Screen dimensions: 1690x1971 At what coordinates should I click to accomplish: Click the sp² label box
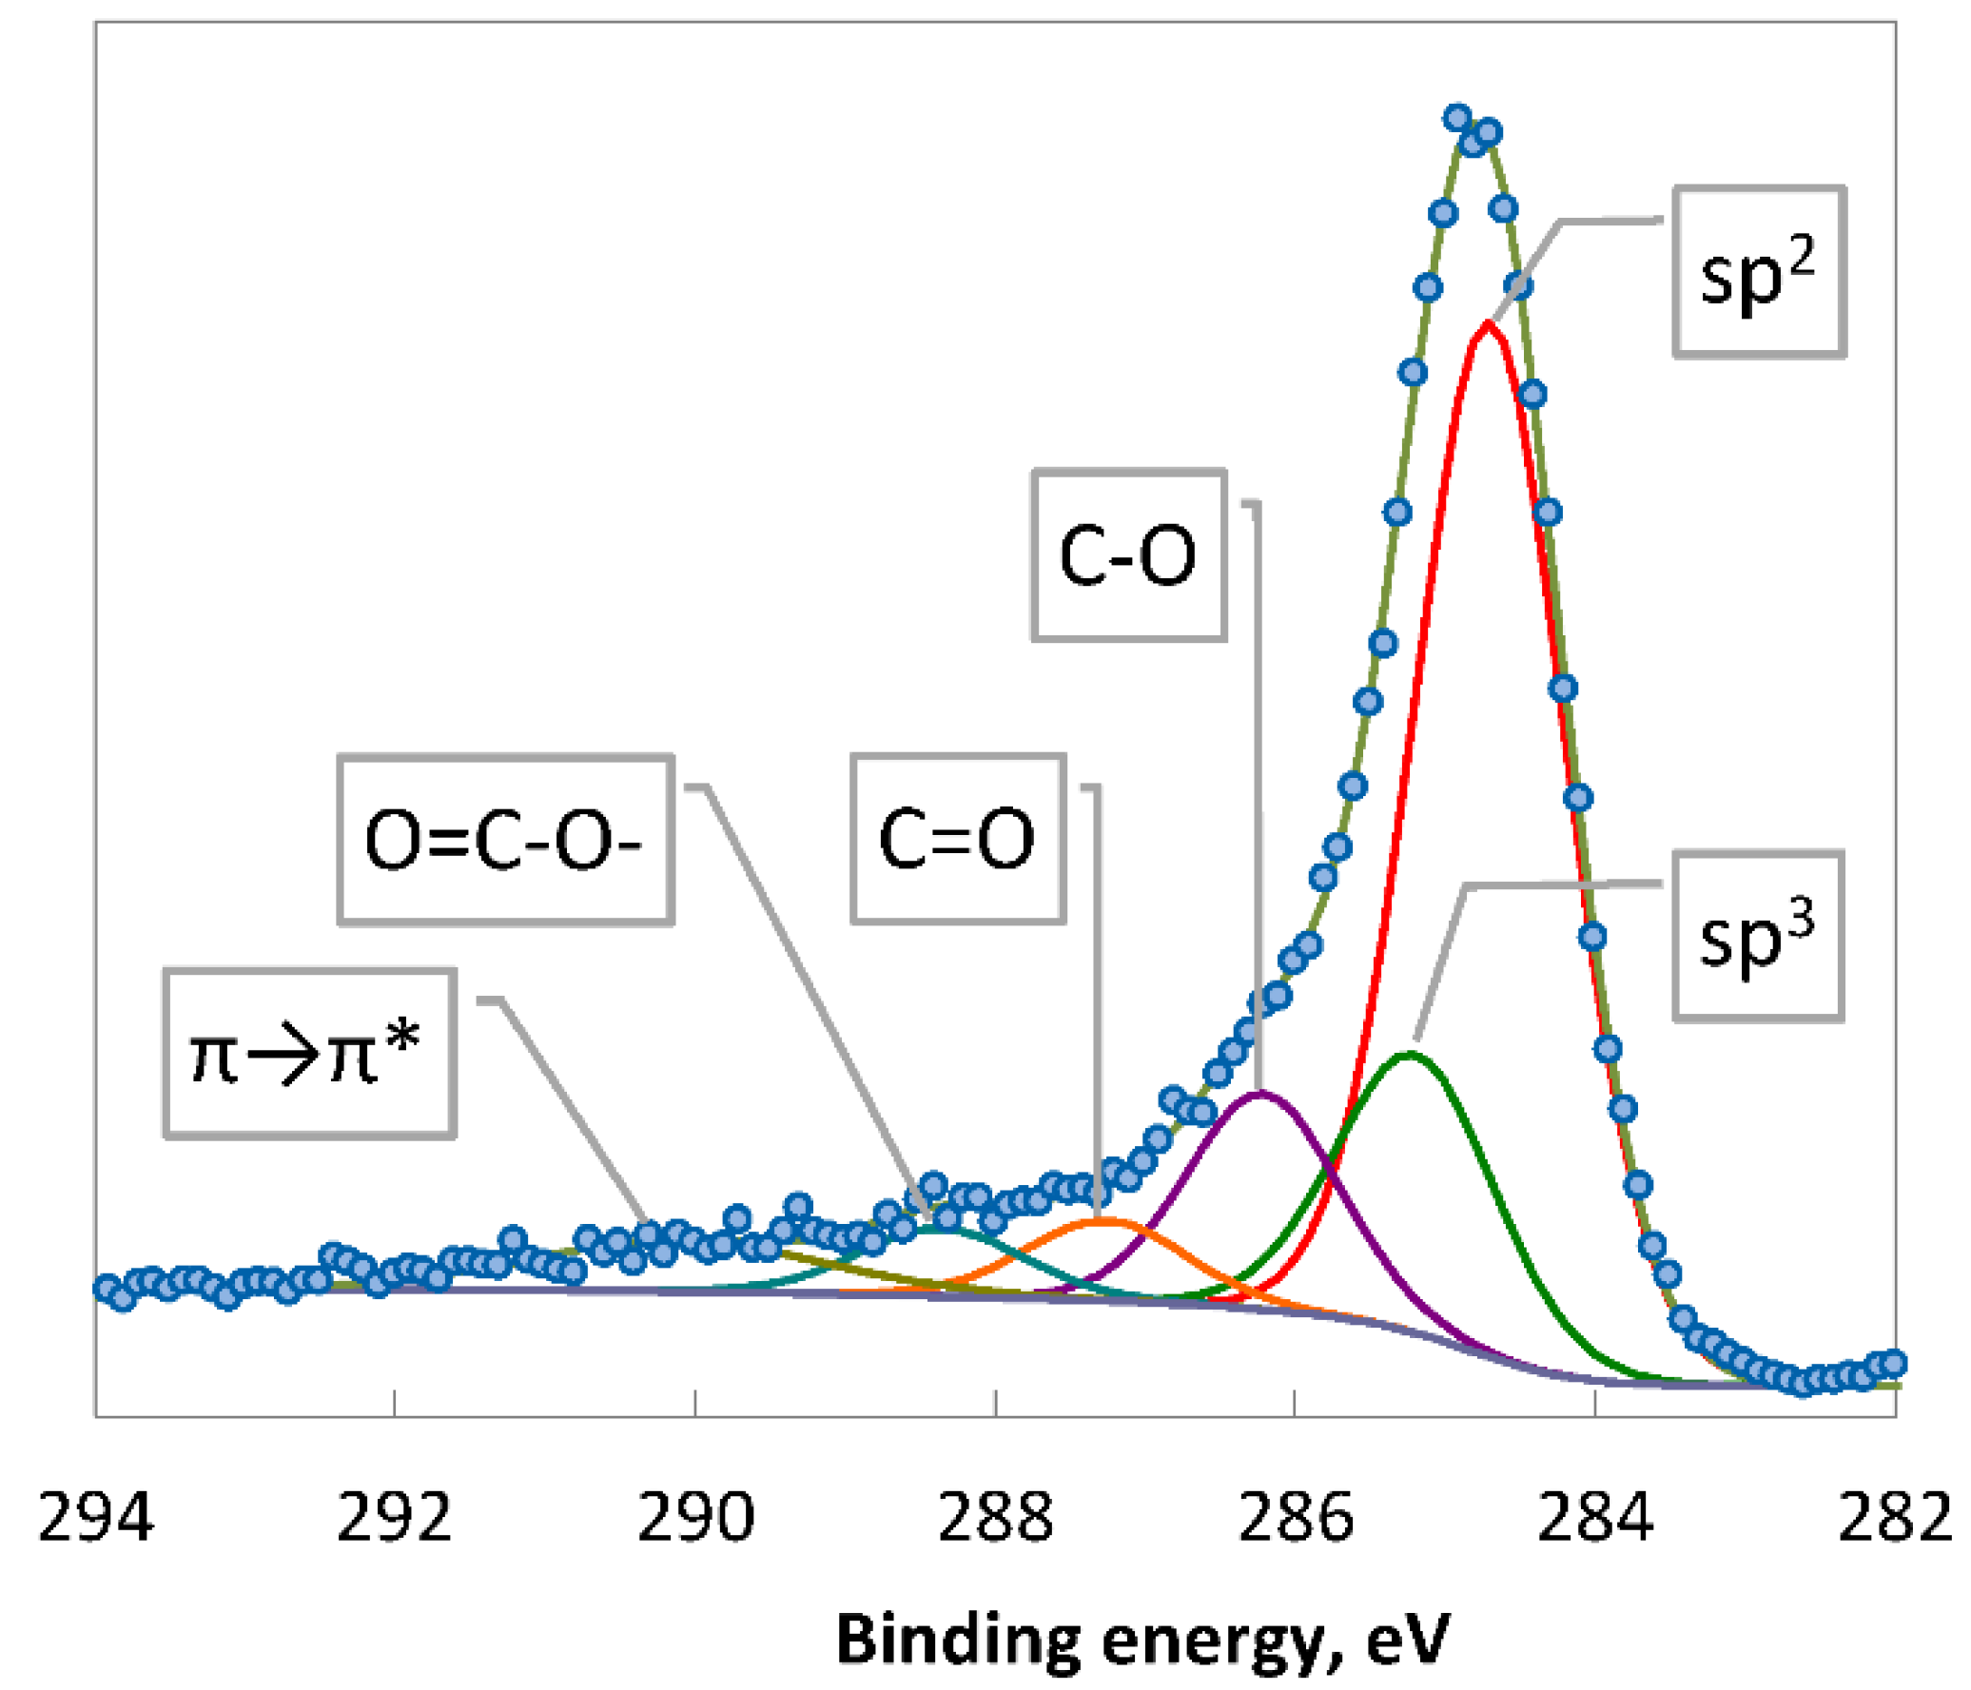point(1758,272)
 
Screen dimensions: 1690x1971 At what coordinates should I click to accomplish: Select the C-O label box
point(1128,555)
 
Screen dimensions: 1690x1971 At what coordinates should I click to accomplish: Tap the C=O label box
point(957,839)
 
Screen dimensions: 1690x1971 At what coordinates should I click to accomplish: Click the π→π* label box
point(308,1054)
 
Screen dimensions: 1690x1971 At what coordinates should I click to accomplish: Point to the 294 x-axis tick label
point(95,1518)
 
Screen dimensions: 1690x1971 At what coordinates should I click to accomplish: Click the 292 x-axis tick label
point(394,1518)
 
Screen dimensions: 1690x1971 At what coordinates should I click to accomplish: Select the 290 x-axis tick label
point(694,1518)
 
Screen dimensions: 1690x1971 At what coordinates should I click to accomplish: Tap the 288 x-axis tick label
point(995,1518)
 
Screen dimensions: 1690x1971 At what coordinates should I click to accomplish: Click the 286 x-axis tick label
point(1295,1518)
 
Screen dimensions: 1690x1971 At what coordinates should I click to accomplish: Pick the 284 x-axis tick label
point(1595,1518)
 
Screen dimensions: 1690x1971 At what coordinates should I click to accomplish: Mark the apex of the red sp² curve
point(1487,325)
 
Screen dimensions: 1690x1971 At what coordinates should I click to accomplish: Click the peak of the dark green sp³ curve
point(1409,1054)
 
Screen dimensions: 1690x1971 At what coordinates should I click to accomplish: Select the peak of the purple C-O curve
point(1260,1093)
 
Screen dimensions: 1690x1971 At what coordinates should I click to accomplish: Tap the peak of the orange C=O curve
point(1103,1220)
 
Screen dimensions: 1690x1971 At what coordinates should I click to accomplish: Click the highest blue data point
point(1456,118)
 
